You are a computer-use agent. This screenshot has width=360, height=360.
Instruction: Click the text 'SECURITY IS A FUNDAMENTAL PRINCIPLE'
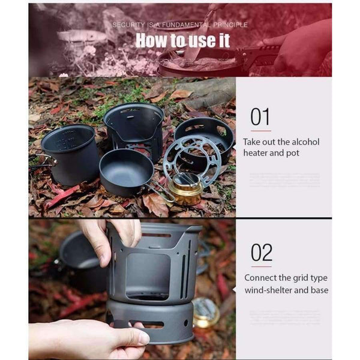pos(179,25)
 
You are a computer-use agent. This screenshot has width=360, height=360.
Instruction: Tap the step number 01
pos(260,116)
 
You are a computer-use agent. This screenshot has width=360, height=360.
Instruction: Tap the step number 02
pos(261,252)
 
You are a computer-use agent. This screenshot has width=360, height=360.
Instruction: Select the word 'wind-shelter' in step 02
pos(268,290)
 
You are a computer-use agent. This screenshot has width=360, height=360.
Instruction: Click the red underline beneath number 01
pos(260,130)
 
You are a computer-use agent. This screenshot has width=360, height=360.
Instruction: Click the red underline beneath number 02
pos(261,266)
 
